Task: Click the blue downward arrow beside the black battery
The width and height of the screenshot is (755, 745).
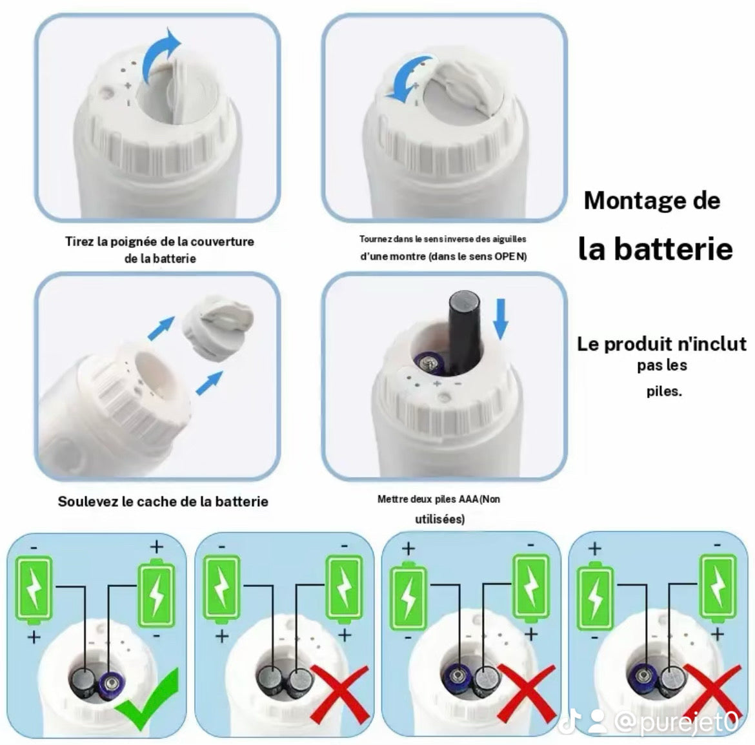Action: point(501,319)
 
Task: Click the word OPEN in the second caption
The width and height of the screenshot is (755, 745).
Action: point(509,256)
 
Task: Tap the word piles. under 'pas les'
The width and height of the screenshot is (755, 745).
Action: point(664,391)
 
